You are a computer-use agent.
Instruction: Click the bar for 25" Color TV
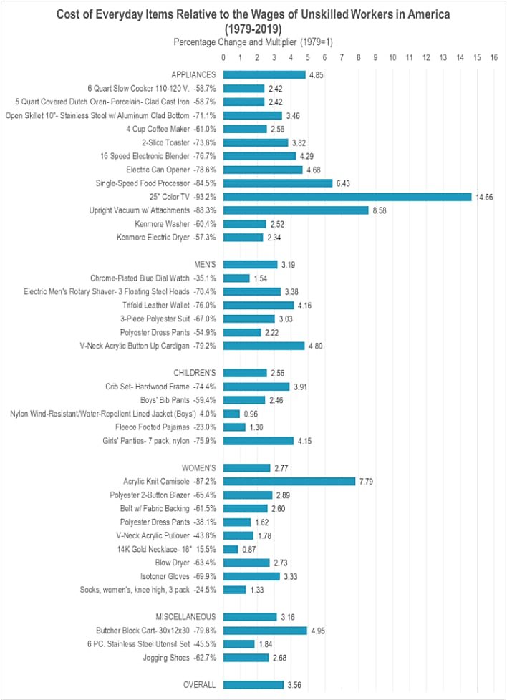point(347,197)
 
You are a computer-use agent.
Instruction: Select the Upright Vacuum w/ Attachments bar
point(296,210)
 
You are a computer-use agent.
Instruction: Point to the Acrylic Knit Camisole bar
point(289,481)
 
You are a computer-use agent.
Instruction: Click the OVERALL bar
point(253,685)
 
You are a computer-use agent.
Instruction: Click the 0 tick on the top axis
point(224,57)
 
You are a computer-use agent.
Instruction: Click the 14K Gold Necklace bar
point(231,549)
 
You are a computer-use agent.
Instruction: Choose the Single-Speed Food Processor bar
point(278,183)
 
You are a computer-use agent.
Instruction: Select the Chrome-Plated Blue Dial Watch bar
point(236,278)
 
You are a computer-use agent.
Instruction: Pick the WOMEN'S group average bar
point(247,467)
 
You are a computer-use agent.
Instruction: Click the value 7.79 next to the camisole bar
point(367,481)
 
